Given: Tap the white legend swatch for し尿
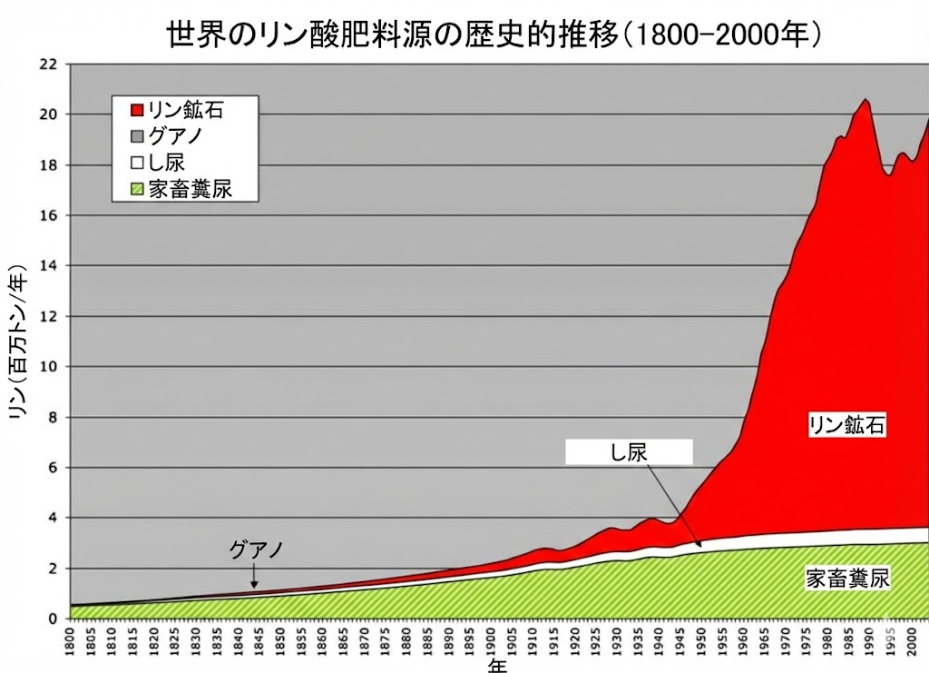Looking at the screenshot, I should click(x=136, y=163).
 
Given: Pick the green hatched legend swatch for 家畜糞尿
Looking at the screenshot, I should click(x=136, y=189).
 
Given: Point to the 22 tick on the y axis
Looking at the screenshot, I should click(x=48, y=64).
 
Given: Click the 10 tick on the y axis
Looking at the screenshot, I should click(x=48, y=367).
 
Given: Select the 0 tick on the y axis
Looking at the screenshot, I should click(x=53, y=619).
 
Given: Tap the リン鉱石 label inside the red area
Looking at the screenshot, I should click(x=846, y=425).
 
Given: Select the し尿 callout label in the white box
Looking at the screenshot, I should click(x=629, y=451).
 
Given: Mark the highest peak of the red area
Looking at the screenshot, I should click(x=865, y=100).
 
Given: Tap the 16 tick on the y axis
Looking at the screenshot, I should click(x=48, y=215).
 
